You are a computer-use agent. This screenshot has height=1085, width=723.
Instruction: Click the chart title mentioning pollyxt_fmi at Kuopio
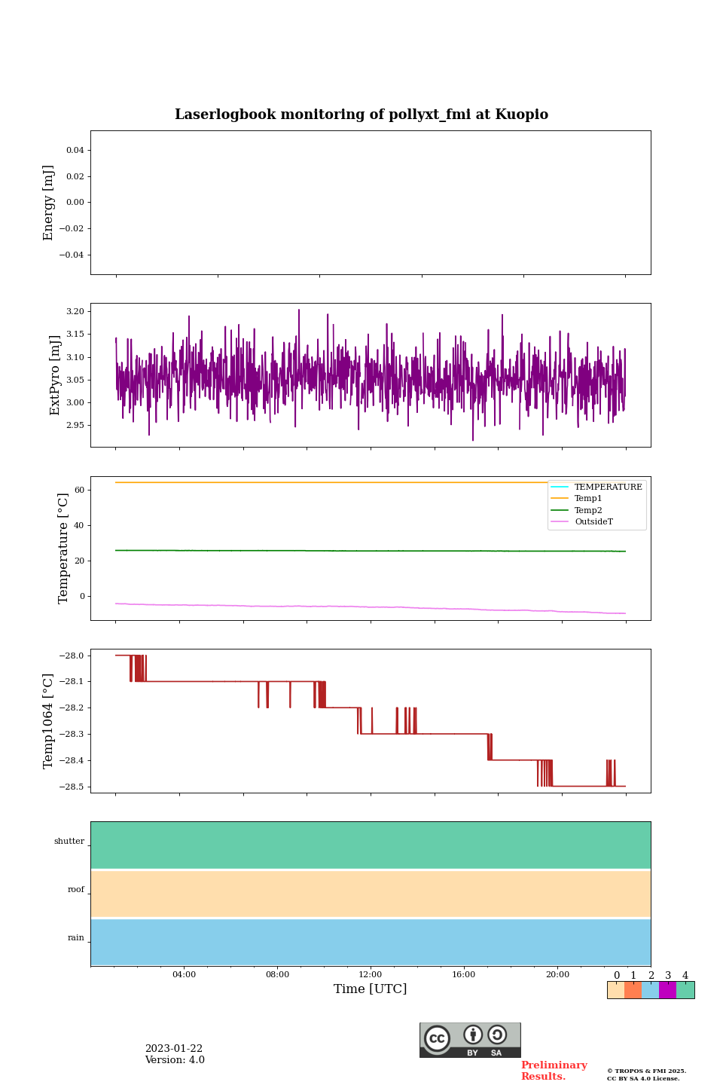(361, 115)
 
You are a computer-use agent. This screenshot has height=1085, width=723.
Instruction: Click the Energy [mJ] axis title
(49, 203)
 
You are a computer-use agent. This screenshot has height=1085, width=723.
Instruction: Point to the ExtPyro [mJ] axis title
(55, 375)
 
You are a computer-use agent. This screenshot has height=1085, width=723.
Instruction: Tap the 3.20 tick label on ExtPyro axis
(75, 311)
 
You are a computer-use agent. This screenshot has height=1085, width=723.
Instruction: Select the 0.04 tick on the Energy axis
(75, 151)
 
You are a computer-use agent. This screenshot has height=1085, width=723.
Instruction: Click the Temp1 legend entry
(588, 499)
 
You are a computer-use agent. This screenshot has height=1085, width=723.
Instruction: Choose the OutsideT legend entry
(593, 522)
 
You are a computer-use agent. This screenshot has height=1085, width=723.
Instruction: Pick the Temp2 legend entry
(588, 510)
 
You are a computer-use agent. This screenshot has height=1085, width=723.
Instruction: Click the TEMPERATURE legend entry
(608, 487)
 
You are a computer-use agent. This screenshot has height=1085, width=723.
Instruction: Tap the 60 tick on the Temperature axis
(79, 490)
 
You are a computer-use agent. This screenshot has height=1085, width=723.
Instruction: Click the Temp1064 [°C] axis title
(49, 721)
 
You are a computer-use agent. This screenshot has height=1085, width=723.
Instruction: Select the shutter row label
(69, 842)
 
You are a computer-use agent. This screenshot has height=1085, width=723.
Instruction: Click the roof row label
(76, 890)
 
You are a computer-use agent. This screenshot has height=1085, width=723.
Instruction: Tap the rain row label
(76, 938)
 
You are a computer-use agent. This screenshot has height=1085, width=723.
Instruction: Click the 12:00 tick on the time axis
(371, 975)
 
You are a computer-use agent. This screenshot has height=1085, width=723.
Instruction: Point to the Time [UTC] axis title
(371, 989)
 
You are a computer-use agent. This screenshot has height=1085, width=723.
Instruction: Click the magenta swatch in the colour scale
(667, 990)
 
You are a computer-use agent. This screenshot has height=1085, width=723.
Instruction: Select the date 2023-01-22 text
(174, 1049)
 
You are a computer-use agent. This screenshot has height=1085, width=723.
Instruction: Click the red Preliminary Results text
(554, 1071)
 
